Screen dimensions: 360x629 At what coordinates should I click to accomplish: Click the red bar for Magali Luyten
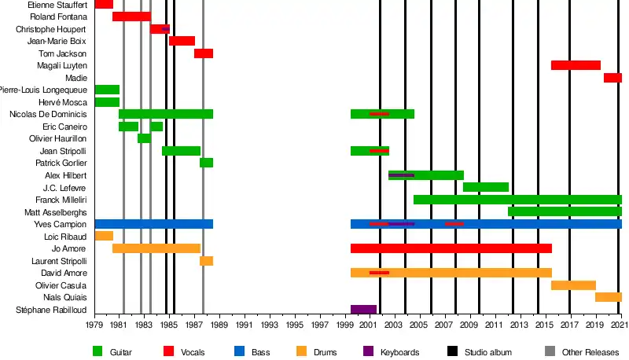[576, 65]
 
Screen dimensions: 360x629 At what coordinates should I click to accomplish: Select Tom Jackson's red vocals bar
[204, 53]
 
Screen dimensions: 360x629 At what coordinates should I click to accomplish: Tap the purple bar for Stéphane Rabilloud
[363, 310]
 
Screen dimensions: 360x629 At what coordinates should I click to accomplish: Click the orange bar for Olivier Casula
[573, 285]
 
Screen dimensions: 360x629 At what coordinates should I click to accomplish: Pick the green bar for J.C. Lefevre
[486, 187]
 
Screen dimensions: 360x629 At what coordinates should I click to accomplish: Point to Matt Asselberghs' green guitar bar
[565, 211]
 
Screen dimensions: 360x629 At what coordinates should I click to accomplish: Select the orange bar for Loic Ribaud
[104, 236]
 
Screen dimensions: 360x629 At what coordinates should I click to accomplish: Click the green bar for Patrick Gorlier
[206, 163]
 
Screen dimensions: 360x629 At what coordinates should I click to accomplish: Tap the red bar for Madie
[612, 78]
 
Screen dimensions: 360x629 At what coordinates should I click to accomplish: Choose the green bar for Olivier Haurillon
[144, 138]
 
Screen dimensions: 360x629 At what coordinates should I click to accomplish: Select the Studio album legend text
[489, 352]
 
